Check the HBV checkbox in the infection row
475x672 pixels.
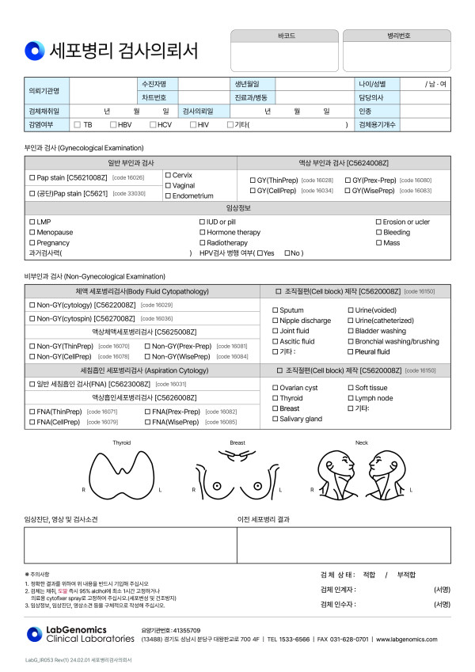pyautogui.click(x=114, y=125)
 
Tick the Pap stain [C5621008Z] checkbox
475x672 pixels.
pyautogui.click(x=32, y=178)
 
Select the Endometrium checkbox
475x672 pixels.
pyautogui.click(x=168, y=196)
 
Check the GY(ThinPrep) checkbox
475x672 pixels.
pyautogui.click(x=253, y=180)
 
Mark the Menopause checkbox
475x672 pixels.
pyautogui.click(x=32, y=233)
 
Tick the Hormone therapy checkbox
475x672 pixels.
pyautogui.click(x=203, y=233)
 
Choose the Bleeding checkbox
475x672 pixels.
pyautogui.click(x=378, y=233)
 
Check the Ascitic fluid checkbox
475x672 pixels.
pyautogui.click(x=275, y=341)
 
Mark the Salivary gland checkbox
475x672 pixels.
pyautogui.click(x=275, y=419)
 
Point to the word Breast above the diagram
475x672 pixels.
pyautogui.click(x=237, y=443)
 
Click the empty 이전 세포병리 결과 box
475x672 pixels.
pyautogui.click(x=344, y=544)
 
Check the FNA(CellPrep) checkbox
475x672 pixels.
pyautogui.click(x=32, y=423)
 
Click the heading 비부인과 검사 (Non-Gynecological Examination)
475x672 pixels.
pyautogui.click(x=94, y=276)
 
